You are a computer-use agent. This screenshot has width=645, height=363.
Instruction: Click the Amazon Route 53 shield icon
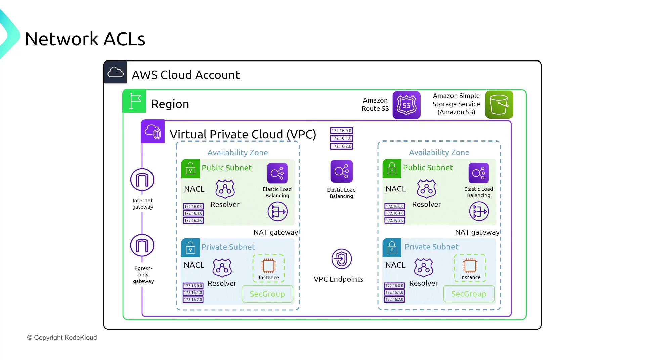[406, 105]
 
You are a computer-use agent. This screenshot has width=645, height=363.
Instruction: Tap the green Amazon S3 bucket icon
[499, 105]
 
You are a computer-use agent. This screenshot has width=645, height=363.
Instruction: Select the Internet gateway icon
[142, 180]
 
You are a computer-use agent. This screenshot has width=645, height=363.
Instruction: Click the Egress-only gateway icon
[142, 245]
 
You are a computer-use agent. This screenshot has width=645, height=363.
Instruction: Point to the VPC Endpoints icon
[341, 259]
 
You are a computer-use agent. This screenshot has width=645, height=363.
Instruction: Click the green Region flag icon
[134, 101]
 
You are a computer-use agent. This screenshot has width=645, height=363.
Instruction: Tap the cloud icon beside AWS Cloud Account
[116, 72]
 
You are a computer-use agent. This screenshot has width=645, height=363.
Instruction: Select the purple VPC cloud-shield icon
[153, 131]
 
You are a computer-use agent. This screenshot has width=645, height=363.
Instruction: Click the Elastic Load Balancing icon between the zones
[341, 171]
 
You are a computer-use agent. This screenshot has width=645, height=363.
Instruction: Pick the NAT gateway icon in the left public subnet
[277, 212]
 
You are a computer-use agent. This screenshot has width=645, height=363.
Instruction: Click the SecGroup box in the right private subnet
[469, 294]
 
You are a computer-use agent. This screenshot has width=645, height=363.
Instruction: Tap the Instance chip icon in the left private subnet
[268, 266]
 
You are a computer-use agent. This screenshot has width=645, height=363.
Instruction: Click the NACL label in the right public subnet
[396, 189]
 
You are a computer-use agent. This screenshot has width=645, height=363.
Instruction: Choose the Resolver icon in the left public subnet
[225, 189]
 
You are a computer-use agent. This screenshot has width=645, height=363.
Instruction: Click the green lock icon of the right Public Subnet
[392, 168]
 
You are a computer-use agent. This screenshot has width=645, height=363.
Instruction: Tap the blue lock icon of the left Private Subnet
[190, 248]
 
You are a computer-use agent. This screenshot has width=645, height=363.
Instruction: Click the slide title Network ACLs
[85, 39]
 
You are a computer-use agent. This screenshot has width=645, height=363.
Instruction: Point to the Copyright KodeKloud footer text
[62, 338]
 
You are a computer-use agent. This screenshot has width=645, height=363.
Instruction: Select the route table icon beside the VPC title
[342, 138]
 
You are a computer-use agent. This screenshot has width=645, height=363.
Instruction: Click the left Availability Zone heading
[238, 153]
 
